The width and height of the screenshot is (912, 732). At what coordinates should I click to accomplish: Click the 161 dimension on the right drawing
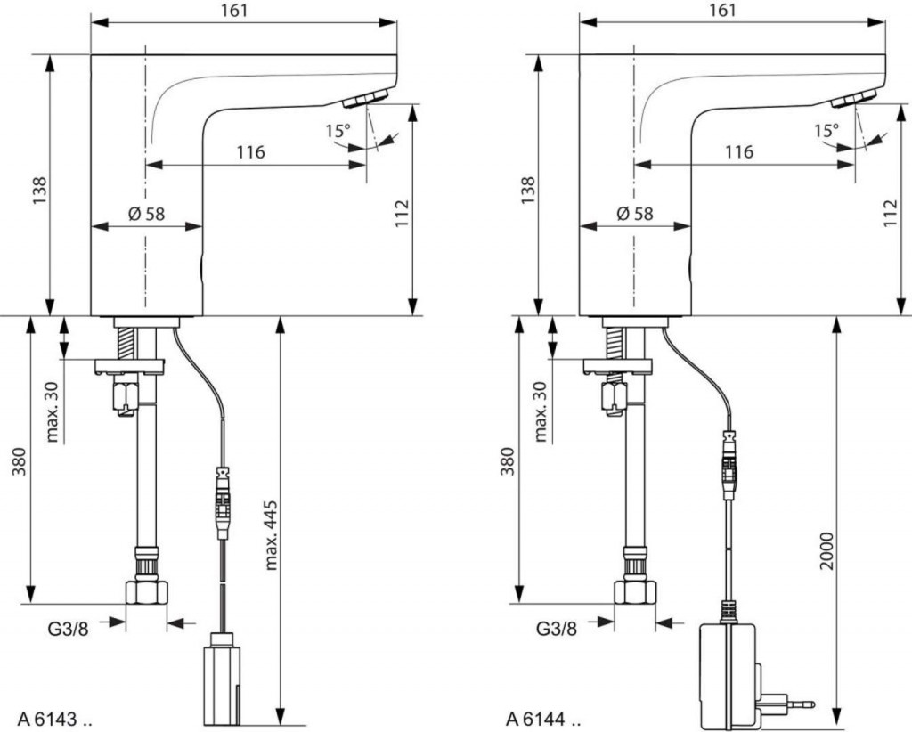(724, 11)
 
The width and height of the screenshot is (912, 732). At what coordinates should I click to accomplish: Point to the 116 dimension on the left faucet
(250, 152)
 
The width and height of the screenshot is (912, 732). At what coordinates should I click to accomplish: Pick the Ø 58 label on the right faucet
(633, 214)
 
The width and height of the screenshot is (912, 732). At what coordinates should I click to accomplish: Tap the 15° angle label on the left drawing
(338, 131)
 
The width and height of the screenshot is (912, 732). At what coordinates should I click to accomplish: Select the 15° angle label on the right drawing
(826, 131)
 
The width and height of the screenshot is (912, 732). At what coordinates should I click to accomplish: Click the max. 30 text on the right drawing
(541, 411)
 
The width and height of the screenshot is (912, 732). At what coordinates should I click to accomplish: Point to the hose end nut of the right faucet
(635, 592)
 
